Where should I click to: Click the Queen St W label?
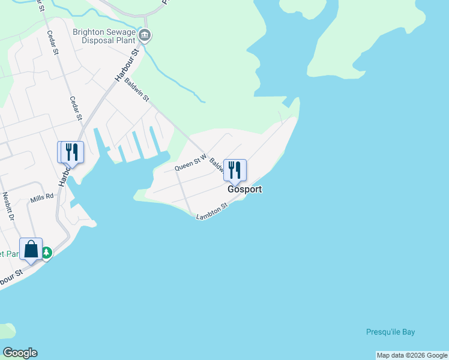coord(190,163)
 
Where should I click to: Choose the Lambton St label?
coord(212,211)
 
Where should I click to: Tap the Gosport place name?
coord(244,189)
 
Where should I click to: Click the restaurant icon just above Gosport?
coord(235,169)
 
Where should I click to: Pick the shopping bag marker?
coord(31,248)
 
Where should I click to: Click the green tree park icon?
coord(46,253)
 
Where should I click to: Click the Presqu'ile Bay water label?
coord(390,332)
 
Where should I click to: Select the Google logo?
coord(20,353)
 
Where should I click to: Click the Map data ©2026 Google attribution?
coord(412,355)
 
